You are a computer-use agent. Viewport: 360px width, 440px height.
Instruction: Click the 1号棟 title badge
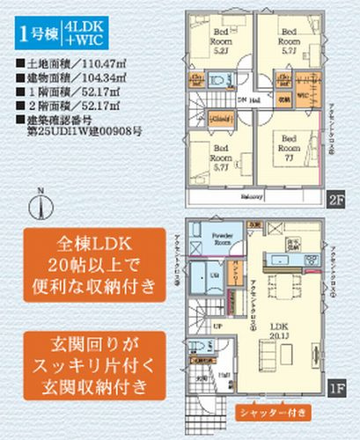point(34,34)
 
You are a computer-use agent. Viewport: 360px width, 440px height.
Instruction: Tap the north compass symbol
point(39,206)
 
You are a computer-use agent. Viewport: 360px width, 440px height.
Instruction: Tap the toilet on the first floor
point(200,348)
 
